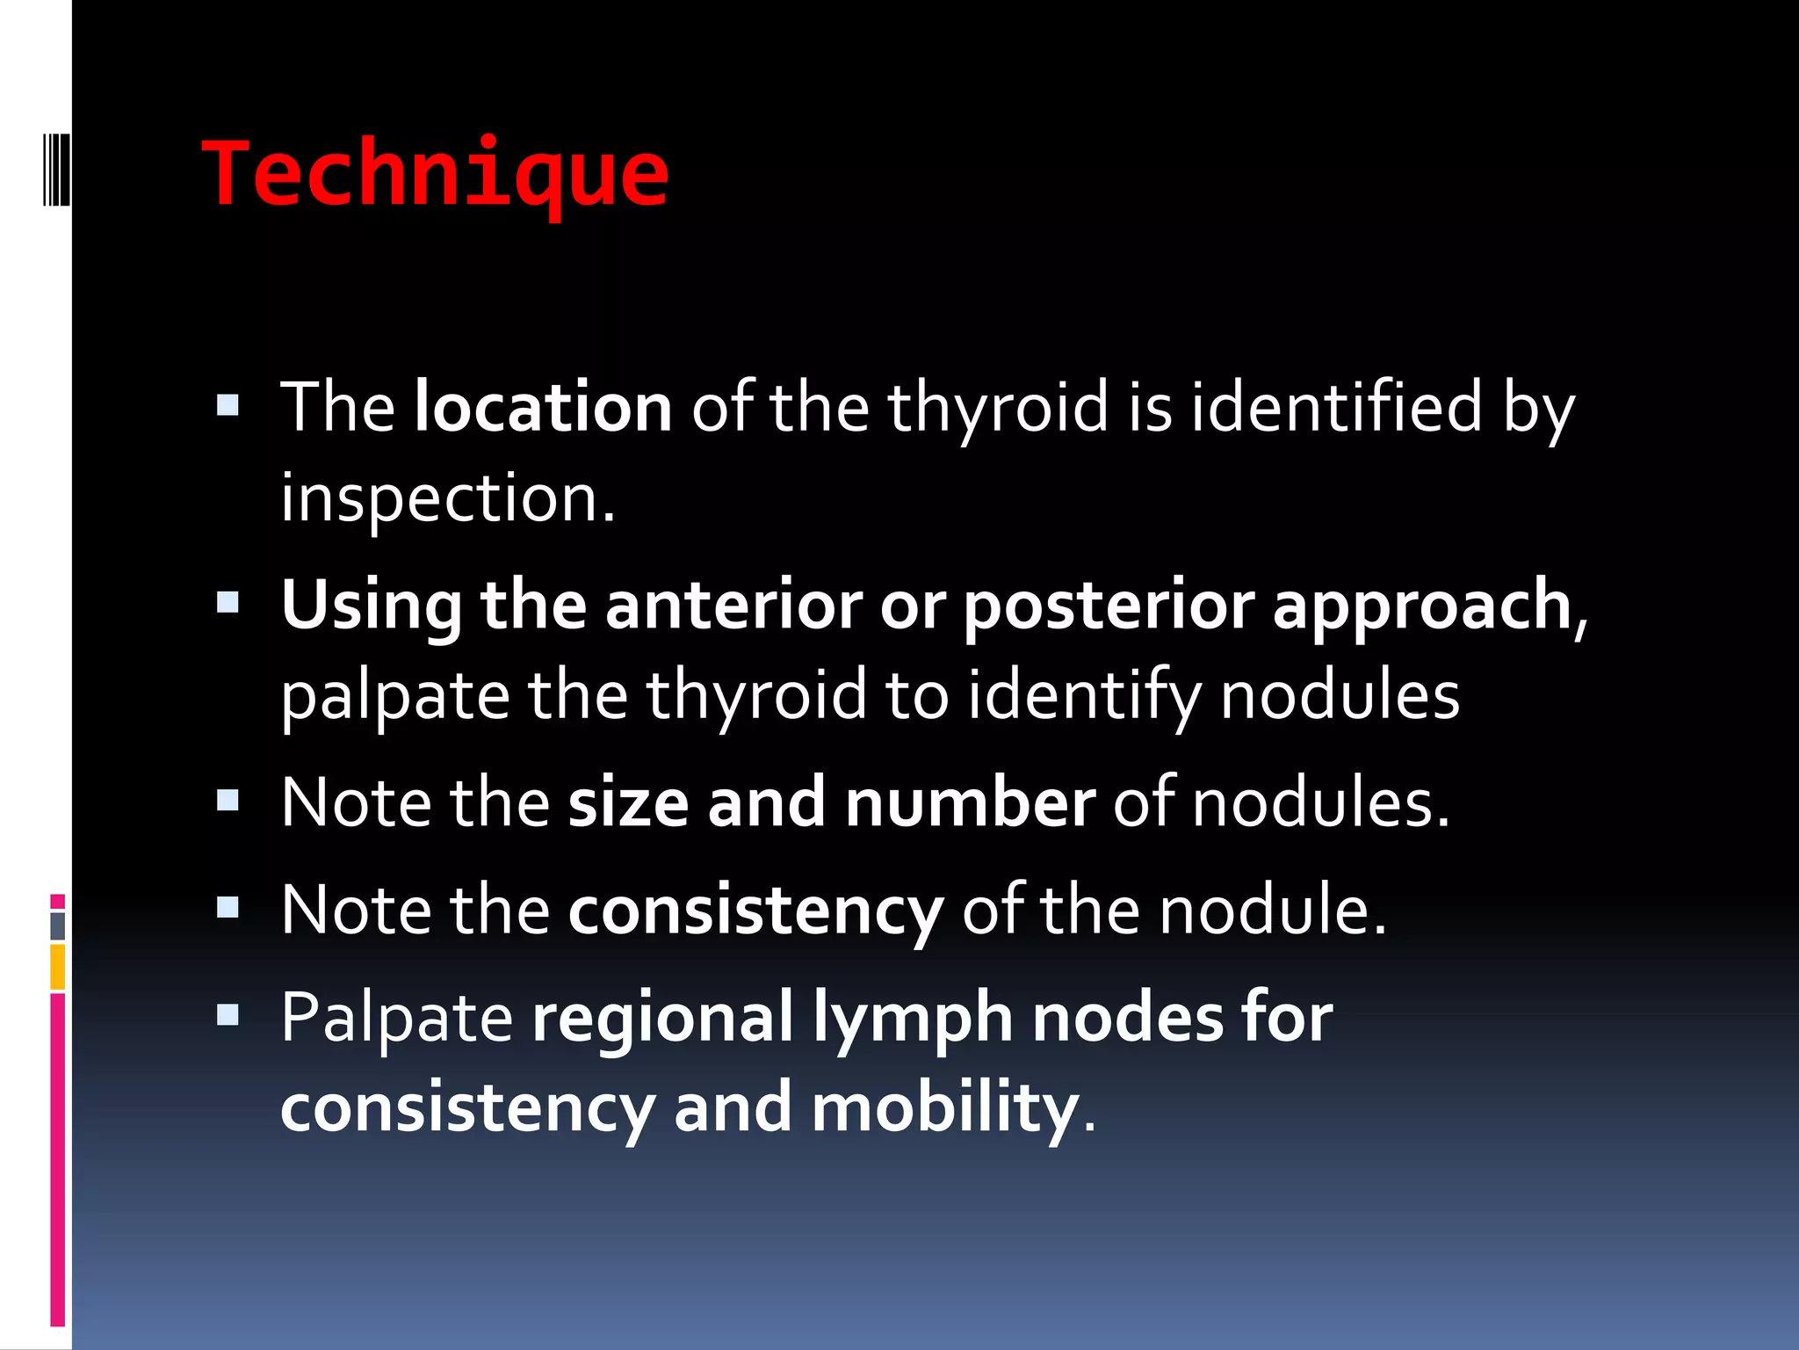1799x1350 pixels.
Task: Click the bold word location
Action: (543, 408)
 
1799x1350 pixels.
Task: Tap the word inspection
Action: (448, 498)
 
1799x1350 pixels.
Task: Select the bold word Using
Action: (371, 606)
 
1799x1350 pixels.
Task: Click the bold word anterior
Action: (733, 606)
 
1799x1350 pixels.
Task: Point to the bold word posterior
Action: (1109, 606)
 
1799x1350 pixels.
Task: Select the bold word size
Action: (628, 803)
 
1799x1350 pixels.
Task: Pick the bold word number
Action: (970, 803)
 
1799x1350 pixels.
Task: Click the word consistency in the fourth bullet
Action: (755, 911)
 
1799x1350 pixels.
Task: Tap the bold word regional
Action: (663, 1018)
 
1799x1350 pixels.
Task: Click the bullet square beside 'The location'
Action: (228, 405)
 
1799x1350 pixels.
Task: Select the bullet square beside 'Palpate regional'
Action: (228, 1015)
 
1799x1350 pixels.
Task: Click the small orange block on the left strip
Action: (57, 967)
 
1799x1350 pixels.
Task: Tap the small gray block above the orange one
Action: (57, 925)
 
